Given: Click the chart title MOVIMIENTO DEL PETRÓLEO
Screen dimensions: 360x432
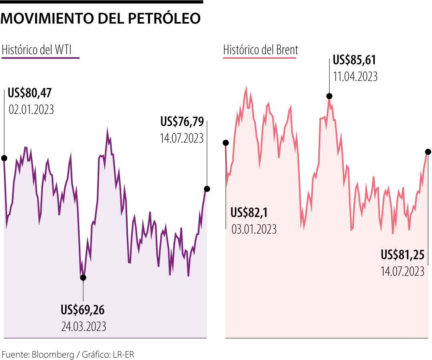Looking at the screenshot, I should pos(101,18).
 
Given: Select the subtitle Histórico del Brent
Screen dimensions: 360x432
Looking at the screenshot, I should pos(260,50).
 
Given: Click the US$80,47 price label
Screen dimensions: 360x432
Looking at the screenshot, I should pos(30,94).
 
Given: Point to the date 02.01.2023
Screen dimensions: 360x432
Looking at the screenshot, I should pos(31,110).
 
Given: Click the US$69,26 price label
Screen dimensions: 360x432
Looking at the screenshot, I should pos(83,310).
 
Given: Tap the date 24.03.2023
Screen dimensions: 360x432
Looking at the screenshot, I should pos(84,326).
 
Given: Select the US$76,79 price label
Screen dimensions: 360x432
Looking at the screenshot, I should pos(182,122).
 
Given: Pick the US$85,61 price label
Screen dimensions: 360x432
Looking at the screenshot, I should pos(354,60).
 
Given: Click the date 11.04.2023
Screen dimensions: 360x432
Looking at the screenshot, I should pos(355,76).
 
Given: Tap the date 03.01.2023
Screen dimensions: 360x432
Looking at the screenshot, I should pos(254,229).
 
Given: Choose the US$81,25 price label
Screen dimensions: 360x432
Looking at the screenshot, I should pos(402,255).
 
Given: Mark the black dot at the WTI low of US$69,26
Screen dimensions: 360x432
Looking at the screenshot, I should pos(83,277).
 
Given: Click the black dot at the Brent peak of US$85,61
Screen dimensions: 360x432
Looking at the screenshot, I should pos(329,96).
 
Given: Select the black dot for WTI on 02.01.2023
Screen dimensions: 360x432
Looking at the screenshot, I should pos(4,158).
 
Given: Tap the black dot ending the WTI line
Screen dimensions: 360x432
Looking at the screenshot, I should pos(207,189).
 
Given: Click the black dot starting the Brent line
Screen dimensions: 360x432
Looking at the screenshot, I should pos(226,143).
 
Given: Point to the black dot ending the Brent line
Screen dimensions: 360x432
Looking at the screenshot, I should pos(428,152).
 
